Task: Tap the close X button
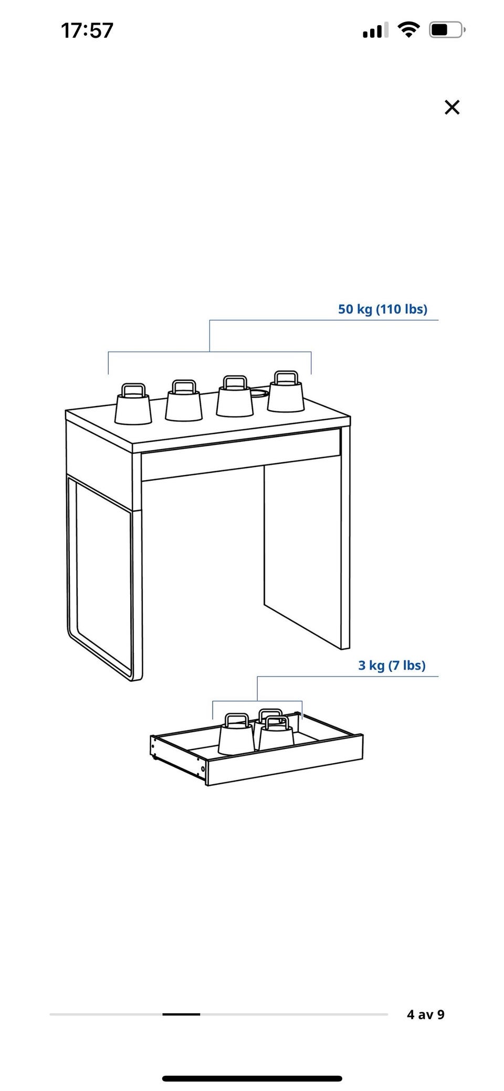point(451,107)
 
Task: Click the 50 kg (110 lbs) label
point(383,309)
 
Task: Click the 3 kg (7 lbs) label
point(392,665)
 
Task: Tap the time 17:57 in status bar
point(87,30)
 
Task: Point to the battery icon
point(447,30)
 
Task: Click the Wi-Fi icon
point(408,29)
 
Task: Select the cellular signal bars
point(375,30)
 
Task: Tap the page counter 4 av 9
point(425,1014)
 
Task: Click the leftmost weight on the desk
point(133,403)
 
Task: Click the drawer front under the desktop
point(240,455)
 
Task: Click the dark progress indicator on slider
point(181,1014)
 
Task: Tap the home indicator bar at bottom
point(252,1079)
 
